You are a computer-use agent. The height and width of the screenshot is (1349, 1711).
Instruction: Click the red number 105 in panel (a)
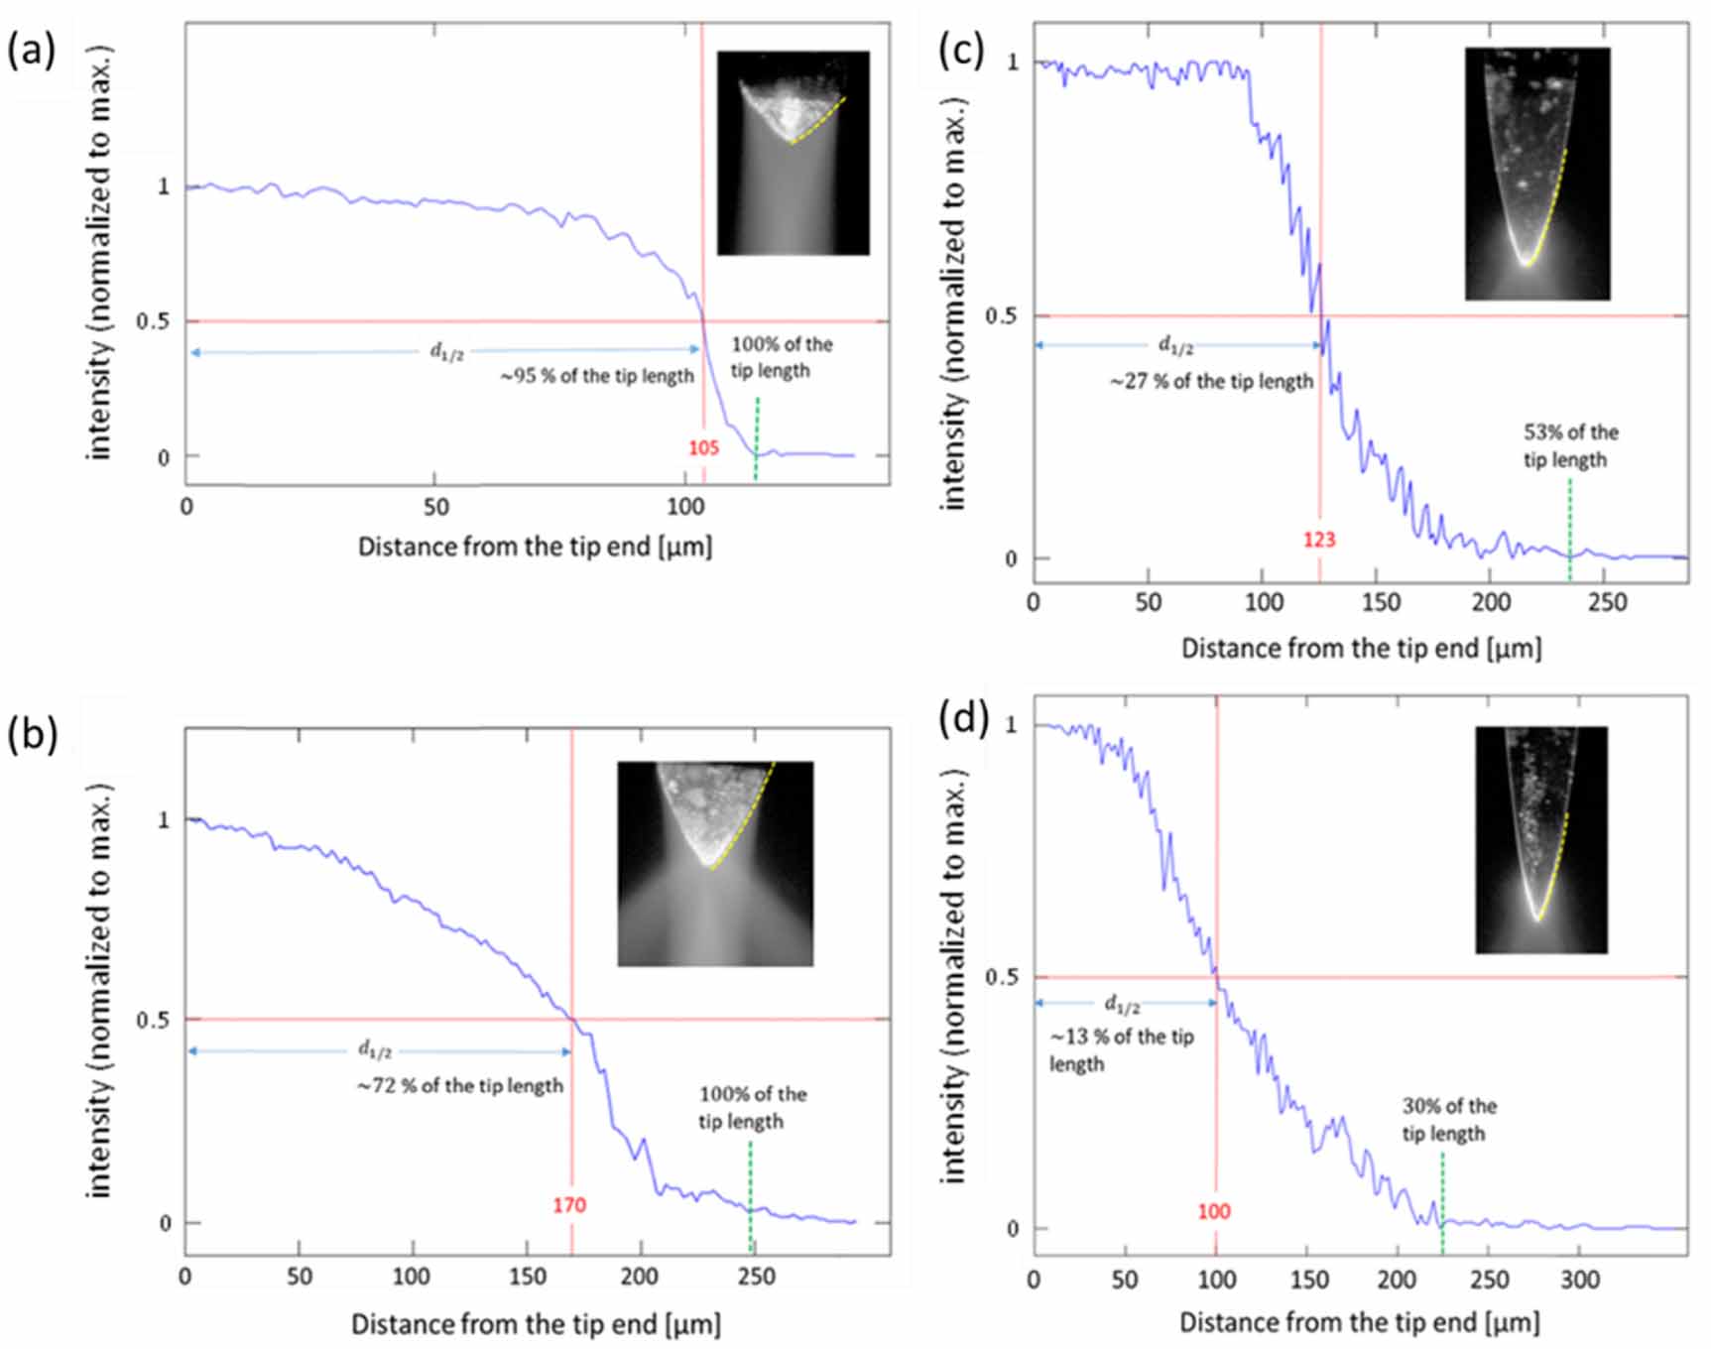pyautogui.click(x=703, y=448)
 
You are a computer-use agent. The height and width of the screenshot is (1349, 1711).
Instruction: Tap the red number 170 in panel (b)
pyautogui.click(x=569, y=1205)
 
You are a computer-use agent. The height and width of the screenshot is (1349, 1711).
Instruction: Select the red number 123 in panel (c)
pyautogui.click(x=1319, y=540)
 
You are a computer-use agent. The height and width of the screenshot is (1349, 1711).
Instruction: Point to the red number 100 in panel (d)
pyautogui.click(x=1213, y=1211)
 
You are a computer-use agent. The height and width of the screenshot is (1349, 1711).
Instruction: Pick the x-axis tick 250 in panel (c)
pyautogui.click(x=1606, y=602)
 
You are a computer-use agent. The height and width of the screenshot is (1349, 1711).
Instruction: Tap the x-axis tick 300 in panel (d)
pyautogui.click(x=1579, y=1280)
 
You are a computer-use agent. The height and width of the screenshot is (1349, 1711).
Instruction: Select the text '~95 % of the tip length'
pyautogui.click(x=596, y=377)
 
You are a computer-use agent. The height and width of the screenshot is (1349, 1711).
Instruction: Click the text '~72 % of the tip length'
pyautogui.click(x=460, y=1086)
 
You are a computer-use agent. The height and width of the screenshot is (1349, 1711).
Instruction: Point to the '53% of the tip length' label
pyautogui.click(x=1570, y=445)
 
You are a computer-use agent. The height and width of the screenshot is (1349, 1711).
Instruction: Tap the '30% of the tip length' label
pyautogui.click(x=1448, y=1119)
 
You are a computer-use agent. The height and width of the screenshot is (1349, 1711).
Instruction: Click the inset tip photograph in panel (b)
pyautogui.click(x=715, y=863)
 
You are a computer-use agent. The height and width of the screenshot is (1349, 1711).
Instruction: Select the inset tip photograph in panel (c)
pyautogui.click(x=1536, y=174)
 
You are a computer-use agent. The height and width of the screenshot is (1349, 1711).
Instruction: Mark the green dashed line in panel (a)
pyautogui.click(x=757, y=436)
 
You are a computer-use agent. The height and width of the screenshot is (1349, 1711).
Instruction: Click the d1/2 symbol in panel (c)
pyautogui.click(x=1175, y=345)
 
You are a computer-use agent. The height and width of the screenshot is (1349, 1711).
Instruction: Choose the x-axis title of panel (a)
pyautogui.click(x=535, y=547)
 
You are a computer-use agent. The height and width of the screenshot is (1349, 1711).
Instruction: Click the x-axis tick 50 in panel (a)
pyautogui.click(x=435, y=507)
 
